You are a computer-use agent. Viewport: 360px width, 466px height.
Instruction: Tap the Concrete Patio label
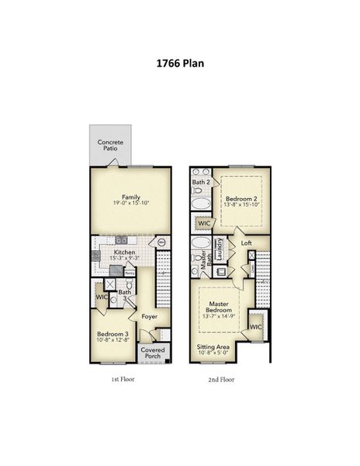click(109, 145)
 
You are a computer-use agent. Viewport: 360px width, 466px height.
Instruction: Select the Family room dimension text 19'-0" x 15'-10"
click(130, 203)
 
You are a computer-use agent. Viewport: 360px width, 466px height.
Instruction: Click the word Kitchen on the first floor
click(125, 252)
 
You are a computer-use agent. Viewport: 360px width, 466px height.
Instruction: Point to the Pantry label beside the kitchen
click(130, 273)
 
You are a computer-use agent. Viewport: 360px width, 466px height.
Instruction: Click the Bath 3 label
click(124, 295)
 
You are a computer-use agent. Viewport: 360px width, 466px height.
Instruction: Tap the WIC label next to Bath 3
click(101, 297)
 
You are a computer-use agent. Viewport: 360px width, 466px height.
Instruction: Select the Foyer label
click(149, 316)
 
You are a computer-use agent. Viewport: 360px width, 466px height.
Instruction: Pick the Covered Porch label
click(151, 354)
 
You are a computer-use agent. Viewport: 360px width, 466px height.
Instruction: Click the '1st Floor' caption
click(124, 381)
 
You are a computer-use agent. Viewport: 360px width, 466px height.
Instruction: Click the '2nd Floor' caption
click(222, 381)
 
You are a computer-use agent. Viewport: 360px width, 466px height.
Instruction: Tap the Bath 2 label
click(201, 183)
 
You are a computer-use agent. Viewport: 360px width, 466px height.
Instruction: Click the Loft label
click(246, 243)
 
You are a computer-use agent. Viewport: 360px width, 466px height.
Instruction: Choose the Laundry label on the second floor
click(221, 249)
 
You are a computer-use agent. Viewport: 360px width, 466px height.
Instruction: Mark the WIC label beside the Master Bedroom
click(255, 327)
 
